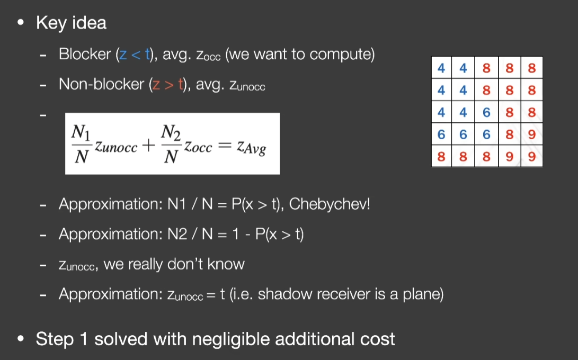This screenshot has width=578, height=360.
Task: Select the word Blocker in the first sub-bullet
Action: point(85,54)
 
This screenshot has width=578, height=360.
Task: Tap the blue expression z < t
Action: point(135,55)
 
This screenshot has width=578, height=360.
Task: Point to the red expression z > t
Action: point(168,85)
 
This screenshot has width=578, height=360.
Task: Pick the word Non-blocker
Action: point(101,84)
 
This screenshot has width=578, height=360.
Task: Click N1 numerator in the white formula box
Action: point(81,132)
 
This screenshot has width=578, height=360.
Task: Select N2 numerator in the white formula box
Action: point(171,132)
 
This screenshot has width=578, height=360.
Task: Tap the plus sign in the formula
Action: point(148,146)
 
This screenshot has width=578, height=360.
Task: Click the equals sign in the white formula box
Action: point(225,146)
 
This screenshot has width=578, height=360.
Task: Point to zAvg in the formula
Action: point(252,147)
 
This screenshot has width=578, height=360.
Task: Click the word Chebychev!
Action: point(330,204)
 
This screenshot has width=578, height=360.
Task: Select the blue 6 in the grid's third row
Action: point(486,112)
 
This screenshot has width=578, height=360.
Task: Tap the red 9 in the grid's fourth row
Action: point(531,134)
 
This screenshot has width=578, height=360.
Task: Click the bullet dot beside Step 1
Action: point(21,338)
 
